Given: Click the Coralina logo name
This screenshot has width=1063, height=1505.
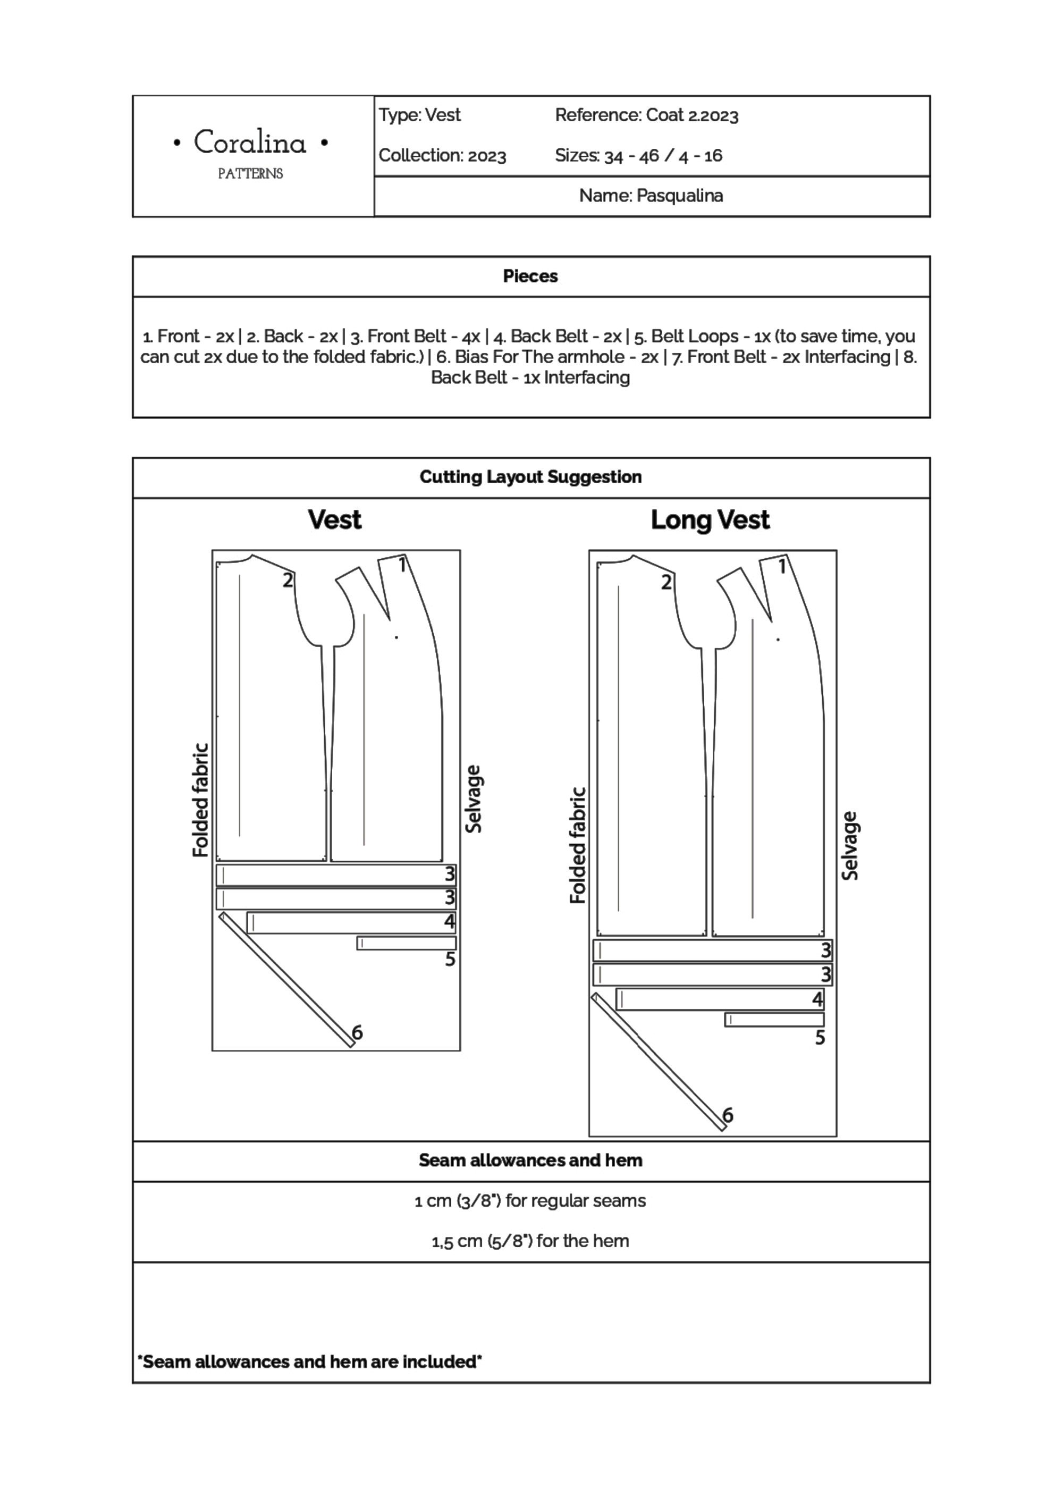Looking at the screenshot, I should (250, 143).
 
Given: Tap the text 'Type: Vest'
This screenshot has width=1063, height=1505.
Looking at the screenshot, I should (419, 115).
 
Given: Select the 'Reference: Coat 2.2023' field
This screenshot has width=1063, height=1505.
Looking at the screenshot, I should (646, 115).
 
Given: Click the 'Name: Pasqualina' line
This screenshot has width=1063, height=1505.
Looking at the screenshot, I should (651, 196).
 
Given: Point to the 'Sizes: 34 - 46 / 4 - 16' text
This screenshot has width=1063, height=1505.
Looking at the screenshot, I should (638, 156).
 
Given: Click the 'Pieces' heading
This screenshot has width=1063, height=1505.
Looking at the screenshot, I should (530, 276).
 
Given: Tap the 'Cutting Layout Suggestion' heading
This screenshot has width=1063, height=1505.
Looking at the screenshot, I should (530, 477).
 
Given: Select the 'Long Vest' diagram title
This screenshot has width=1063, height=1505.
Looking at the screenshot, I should (710, 520).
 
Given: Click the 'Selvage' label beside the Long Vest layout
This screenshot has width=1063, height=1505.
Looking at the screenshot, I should (849, 846).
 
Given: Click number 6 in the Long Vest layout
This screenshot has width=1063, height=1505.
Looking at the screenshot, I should (728, 1115).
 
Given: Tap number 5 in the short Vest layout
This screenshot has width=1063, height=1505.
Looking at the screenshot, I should (450, 960).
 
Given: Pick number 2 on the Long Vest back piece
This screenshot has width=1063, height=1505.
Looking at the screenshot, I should (667, 582).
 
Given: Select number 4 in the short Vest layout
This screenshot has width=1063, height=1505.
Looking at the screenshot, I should (449, 922).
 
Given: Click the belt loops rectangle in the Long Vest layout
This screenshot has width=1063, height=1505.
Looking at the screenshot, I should (774, 1020).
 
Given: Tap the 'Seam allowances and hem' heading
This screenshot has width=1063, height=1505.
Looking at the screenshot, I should (530, 1161).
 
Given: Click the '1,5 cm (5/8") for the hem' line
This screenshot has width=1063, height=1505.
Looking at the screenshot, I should (530, 1241).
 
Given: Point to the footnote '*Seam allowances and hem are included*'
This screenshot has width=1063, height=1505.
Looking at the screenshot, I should (309, 1362).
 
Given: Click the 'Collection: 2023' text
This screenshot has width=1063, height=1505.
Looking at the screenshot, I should (442, 156).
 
